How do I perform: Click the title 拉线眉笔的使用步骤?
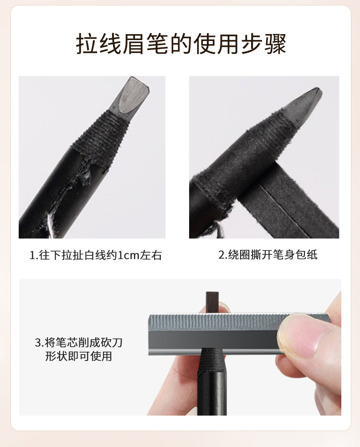coord(181,44)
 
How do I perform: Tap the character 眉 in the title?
coord(134,44)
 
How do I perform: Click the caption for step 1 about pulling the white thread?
coord(96,255)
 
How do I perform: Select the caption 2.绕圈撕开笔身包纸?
coord(268,254)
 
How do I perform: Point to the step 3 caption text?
coord(79,349)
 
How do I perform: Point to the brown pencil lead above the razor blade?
coord(212,302)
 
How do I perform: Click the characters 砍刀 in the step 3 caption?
coord(112,342)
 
